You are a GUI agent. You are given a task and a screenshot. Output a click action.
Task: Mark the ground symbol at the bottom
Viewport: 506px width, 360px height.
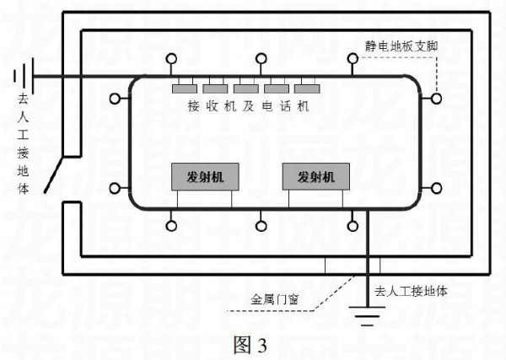point(365,318)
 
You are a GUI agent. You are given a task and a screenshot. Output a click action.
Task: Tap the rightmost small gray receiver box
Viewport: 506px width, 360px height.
point(306,89)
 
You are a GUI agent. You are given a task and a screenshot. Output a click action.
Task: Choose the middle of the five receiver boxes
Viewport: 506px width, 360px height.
point(245,89)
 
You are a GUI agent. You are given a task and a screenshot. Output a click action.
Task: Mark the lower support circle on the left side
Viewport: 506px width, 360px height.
point(115,186)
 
